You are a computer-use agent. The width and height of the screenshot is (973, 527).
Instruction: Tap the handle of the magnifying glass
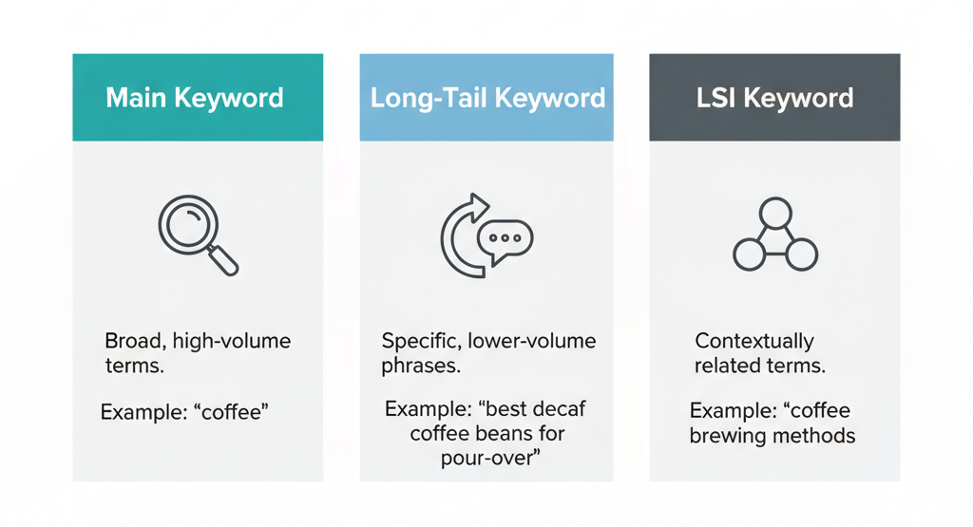(x=224, y=260)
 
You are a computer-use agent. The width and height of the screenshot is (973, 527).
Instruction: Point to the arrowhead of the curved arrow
(x=477, y=207)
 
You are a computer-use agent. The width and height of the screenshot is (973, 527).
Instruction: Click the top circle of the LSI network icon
(x=775, y=213)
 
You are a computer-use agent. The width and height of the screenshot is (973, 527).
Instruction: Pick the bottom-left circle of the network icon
(x=749, y=254)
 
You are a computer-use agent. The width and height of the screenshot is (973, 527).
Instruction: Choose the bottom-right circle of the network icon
(x=802, y=254)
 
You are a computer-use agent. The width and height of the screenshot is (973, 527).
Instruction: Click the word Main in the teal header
(x=136, y=98)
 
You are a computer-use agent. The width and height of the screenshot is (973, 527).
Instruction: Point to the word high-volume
(x=232, y=342)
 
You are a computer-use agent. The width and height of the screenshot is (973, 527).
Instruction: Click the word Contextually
(x=754, y=342)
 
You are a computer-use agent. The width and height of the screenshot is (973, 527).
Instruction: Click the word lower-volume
(x=531, y=341)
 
